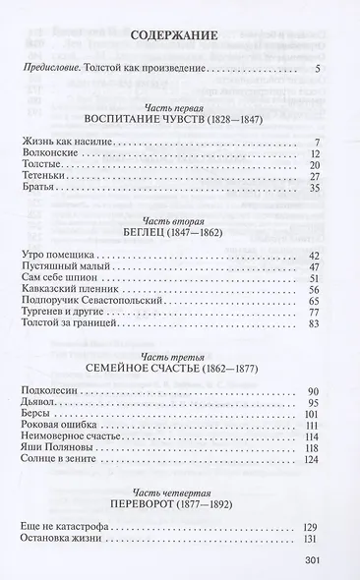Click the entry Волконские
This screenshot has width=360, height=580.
coord(48,156)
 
